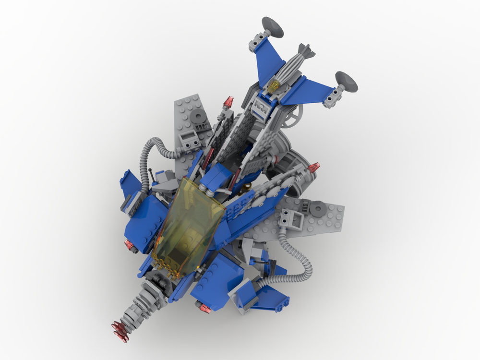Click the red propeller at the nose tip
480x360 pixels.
120,330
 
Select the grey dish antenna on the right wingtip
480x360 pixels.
347,81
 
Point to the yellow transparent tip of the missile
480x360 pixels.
274,86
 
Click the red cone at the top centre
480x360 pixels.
229,102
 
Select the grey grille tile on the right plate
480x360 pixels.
294,220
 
